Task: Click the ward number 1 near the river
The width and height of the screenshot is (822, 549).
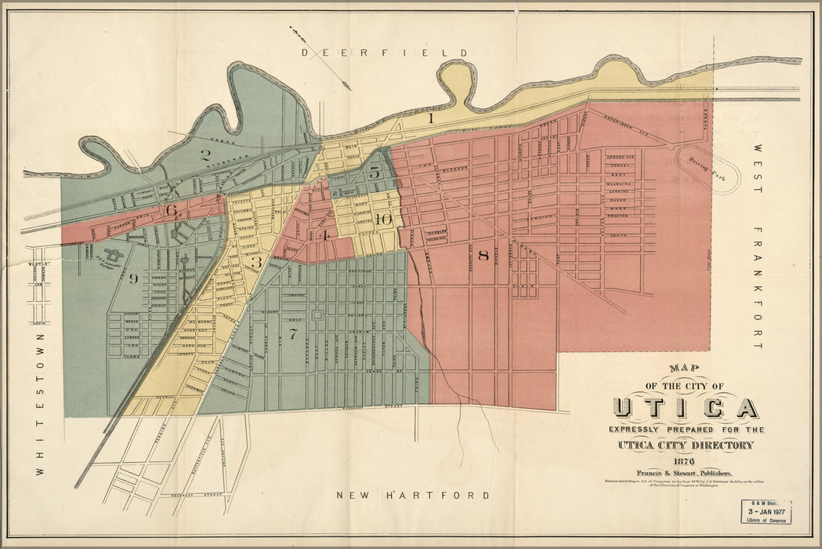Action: (x=431, y=118)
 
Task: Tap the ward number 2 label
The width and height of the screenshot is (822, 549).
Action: (x=205, y=155)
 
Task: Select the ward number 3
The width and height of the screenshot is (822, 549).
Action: (x=256, y=263)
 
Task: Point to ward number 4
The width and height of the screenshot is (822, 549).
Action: (x=322, y=235)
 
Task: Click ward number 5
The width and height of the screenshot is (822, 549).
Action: (x=374, y=173)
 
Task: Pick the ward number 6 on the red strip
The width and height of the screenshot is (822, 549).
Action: (x=171, y=210)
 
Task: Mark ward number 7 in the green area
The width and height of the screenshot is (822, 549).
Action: (x=293, y=334)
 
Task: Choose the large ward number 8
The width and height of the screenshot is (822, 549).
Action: (x=483, y=255)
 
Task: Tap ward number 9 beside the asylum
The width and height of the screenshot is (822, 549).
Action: (x=133, y=278)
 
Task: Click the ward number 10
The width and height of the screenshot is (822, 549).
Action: (x=382, y=220)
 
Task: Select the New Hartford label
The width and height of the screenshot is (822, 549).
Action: (x=413, y=496)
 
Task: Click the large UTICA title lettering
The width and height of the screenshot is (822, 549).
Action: (x=685, y=408)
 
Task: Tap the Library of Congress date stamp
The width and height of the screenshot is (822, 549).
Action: (x=766, y=512)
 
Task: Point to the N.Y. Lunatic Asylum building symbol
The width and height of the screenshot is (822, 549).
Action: (x=114, y=256)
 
